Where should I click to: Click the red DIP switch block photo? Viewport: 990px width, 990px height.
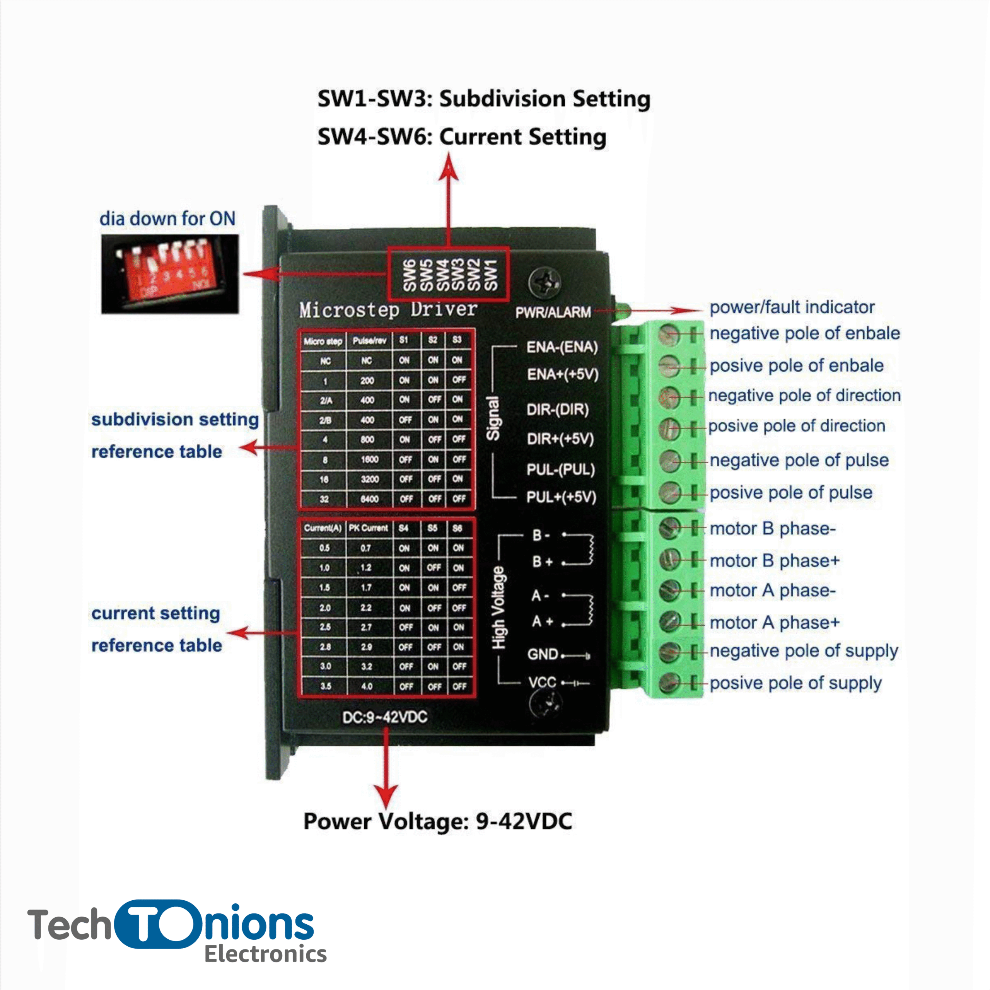170,274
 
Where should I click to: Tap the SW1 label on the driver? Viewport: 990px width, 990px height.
490,275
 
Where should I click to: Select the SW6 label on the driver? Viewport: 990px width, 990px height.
409,275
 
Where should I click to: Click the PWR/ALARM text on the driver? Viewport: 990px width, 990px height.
553,312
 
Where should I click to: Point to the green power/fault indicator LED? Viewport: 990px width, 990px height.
622,309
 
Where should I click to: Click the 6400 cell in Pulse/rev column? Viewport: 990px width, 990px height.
369,498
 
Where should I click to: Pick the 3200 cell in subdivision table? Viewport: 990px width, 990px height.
369,479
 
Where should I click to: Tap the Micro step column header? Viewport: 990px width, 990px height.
323,341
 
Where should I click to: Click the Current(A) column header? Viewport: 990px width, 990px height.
323,528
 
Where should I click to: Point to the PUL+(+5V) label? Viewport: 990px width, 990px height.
561,497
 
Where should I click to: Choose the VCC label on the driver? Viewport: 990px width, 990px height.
542,682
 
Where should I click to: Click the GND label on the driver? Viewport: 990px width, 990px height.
542,654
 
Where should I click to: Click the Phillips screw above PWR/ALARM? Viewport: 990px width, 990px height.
544,282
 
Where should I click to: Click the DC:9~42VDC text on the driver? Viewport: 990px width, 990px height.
384,717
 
